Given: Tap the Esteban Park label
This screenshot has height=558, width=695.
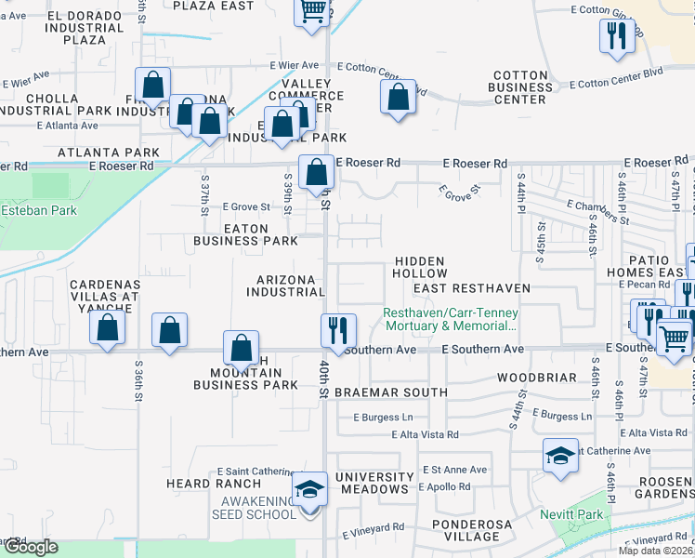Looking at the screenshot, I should point(38,210).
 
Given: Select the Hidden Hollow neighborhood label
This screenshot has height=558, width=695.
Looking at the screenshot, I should point(419,268).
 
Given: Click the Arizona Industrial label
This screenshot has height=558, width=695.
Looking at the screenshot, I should point(285,286).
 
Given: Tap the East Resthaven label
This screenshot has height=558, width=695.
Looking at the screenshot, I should point(472,288).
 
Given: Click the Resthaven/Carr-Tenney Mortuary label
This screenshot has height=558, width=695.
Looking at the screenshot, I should point(451,319).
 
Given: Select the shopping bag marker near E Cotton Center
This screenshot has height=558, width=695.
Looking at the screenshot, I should point(398,97).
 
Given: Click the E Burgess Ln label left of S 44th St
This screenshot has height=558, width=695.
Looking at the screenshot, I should point(383,417).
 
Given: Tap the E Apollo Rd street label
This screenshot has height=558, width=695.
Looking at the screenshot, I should point(450,486).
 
